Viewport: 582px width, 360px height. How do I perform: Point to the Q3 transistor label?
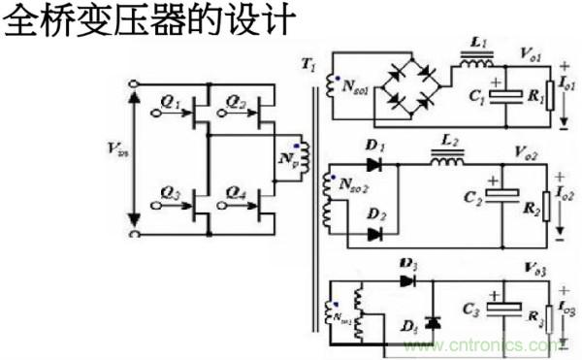[172, 190]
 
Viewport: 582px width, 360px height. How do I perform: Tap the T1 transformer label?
[309, 66]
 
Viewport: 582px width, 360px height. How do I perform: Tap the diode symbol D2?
[374, 233]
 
